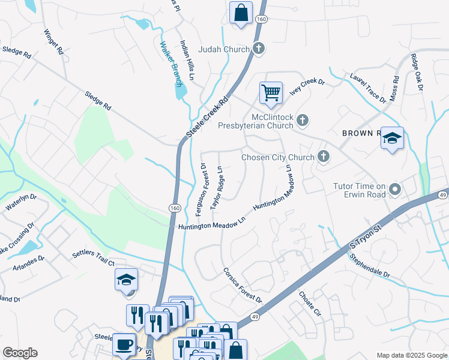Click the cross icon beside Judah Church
[259, 49]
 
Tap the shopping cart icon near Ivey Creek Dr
[271, 93]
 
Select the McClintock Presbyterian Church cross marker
[303, 121]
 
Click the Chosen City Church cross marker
[324, 157]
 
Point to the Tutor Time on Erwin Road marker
[395, 190]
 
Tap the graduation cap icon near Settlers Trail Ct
[127, 280]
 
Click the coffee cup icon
[124, 344]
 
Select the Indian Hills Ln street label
[187, 60]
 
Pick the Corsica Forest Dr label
[243, 285]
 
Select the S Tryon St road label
[366, 233]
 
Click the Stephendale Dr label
[370, 266]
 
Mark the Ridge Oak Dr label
[417, 73]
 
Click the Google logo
[20, 353]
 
